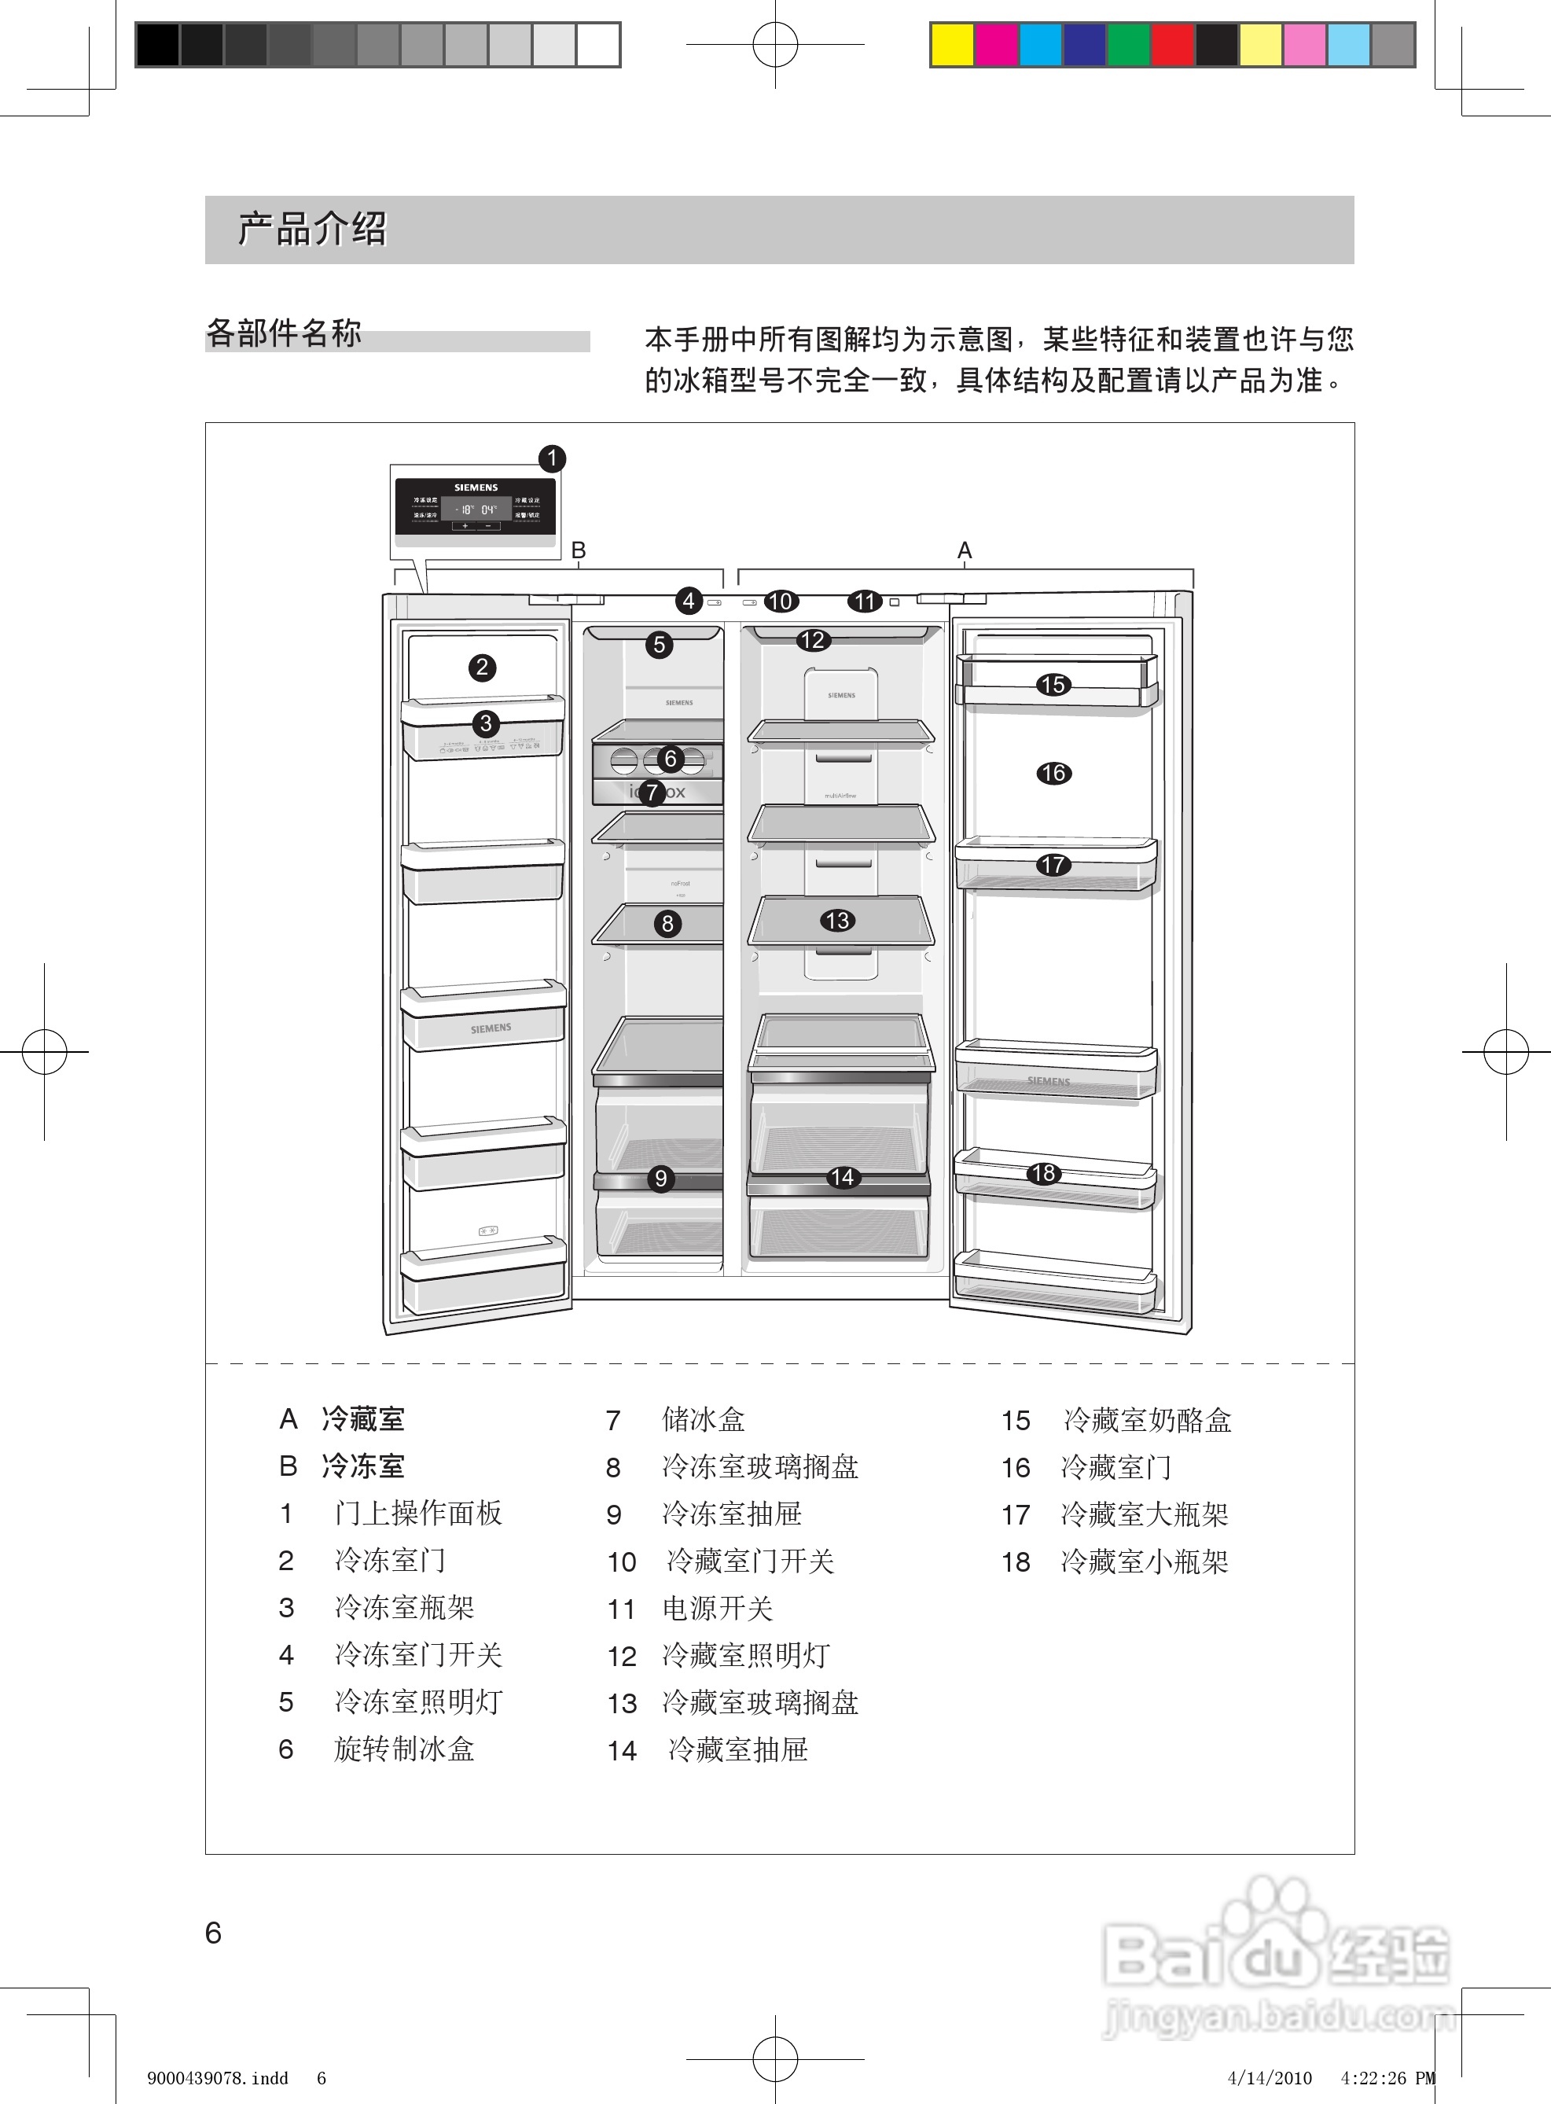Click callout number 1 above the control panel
coord(552,458)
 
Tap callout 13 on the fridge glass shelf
coord(836,920)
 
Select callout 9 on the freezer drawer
coord(661,1179)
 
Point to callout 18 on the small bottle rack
coord(1043,1172)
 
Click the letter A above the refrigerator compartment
coord(965,551)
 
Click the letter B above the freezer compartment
coord(579,551)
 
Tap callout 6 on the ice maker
coord(670,758)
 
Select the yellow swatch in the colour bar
coord(952,45)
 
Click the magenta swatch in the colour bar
coord(996,45)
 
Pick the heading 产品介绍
coord(312,229)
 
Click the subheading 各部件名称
coord(284,333)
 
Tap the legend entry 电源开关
coord(717,1609)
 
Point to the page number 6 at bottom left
coord(213,1932)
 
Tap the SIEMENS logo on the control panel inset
coord(476,488)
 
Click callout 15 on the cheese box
coord(1053,685)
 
